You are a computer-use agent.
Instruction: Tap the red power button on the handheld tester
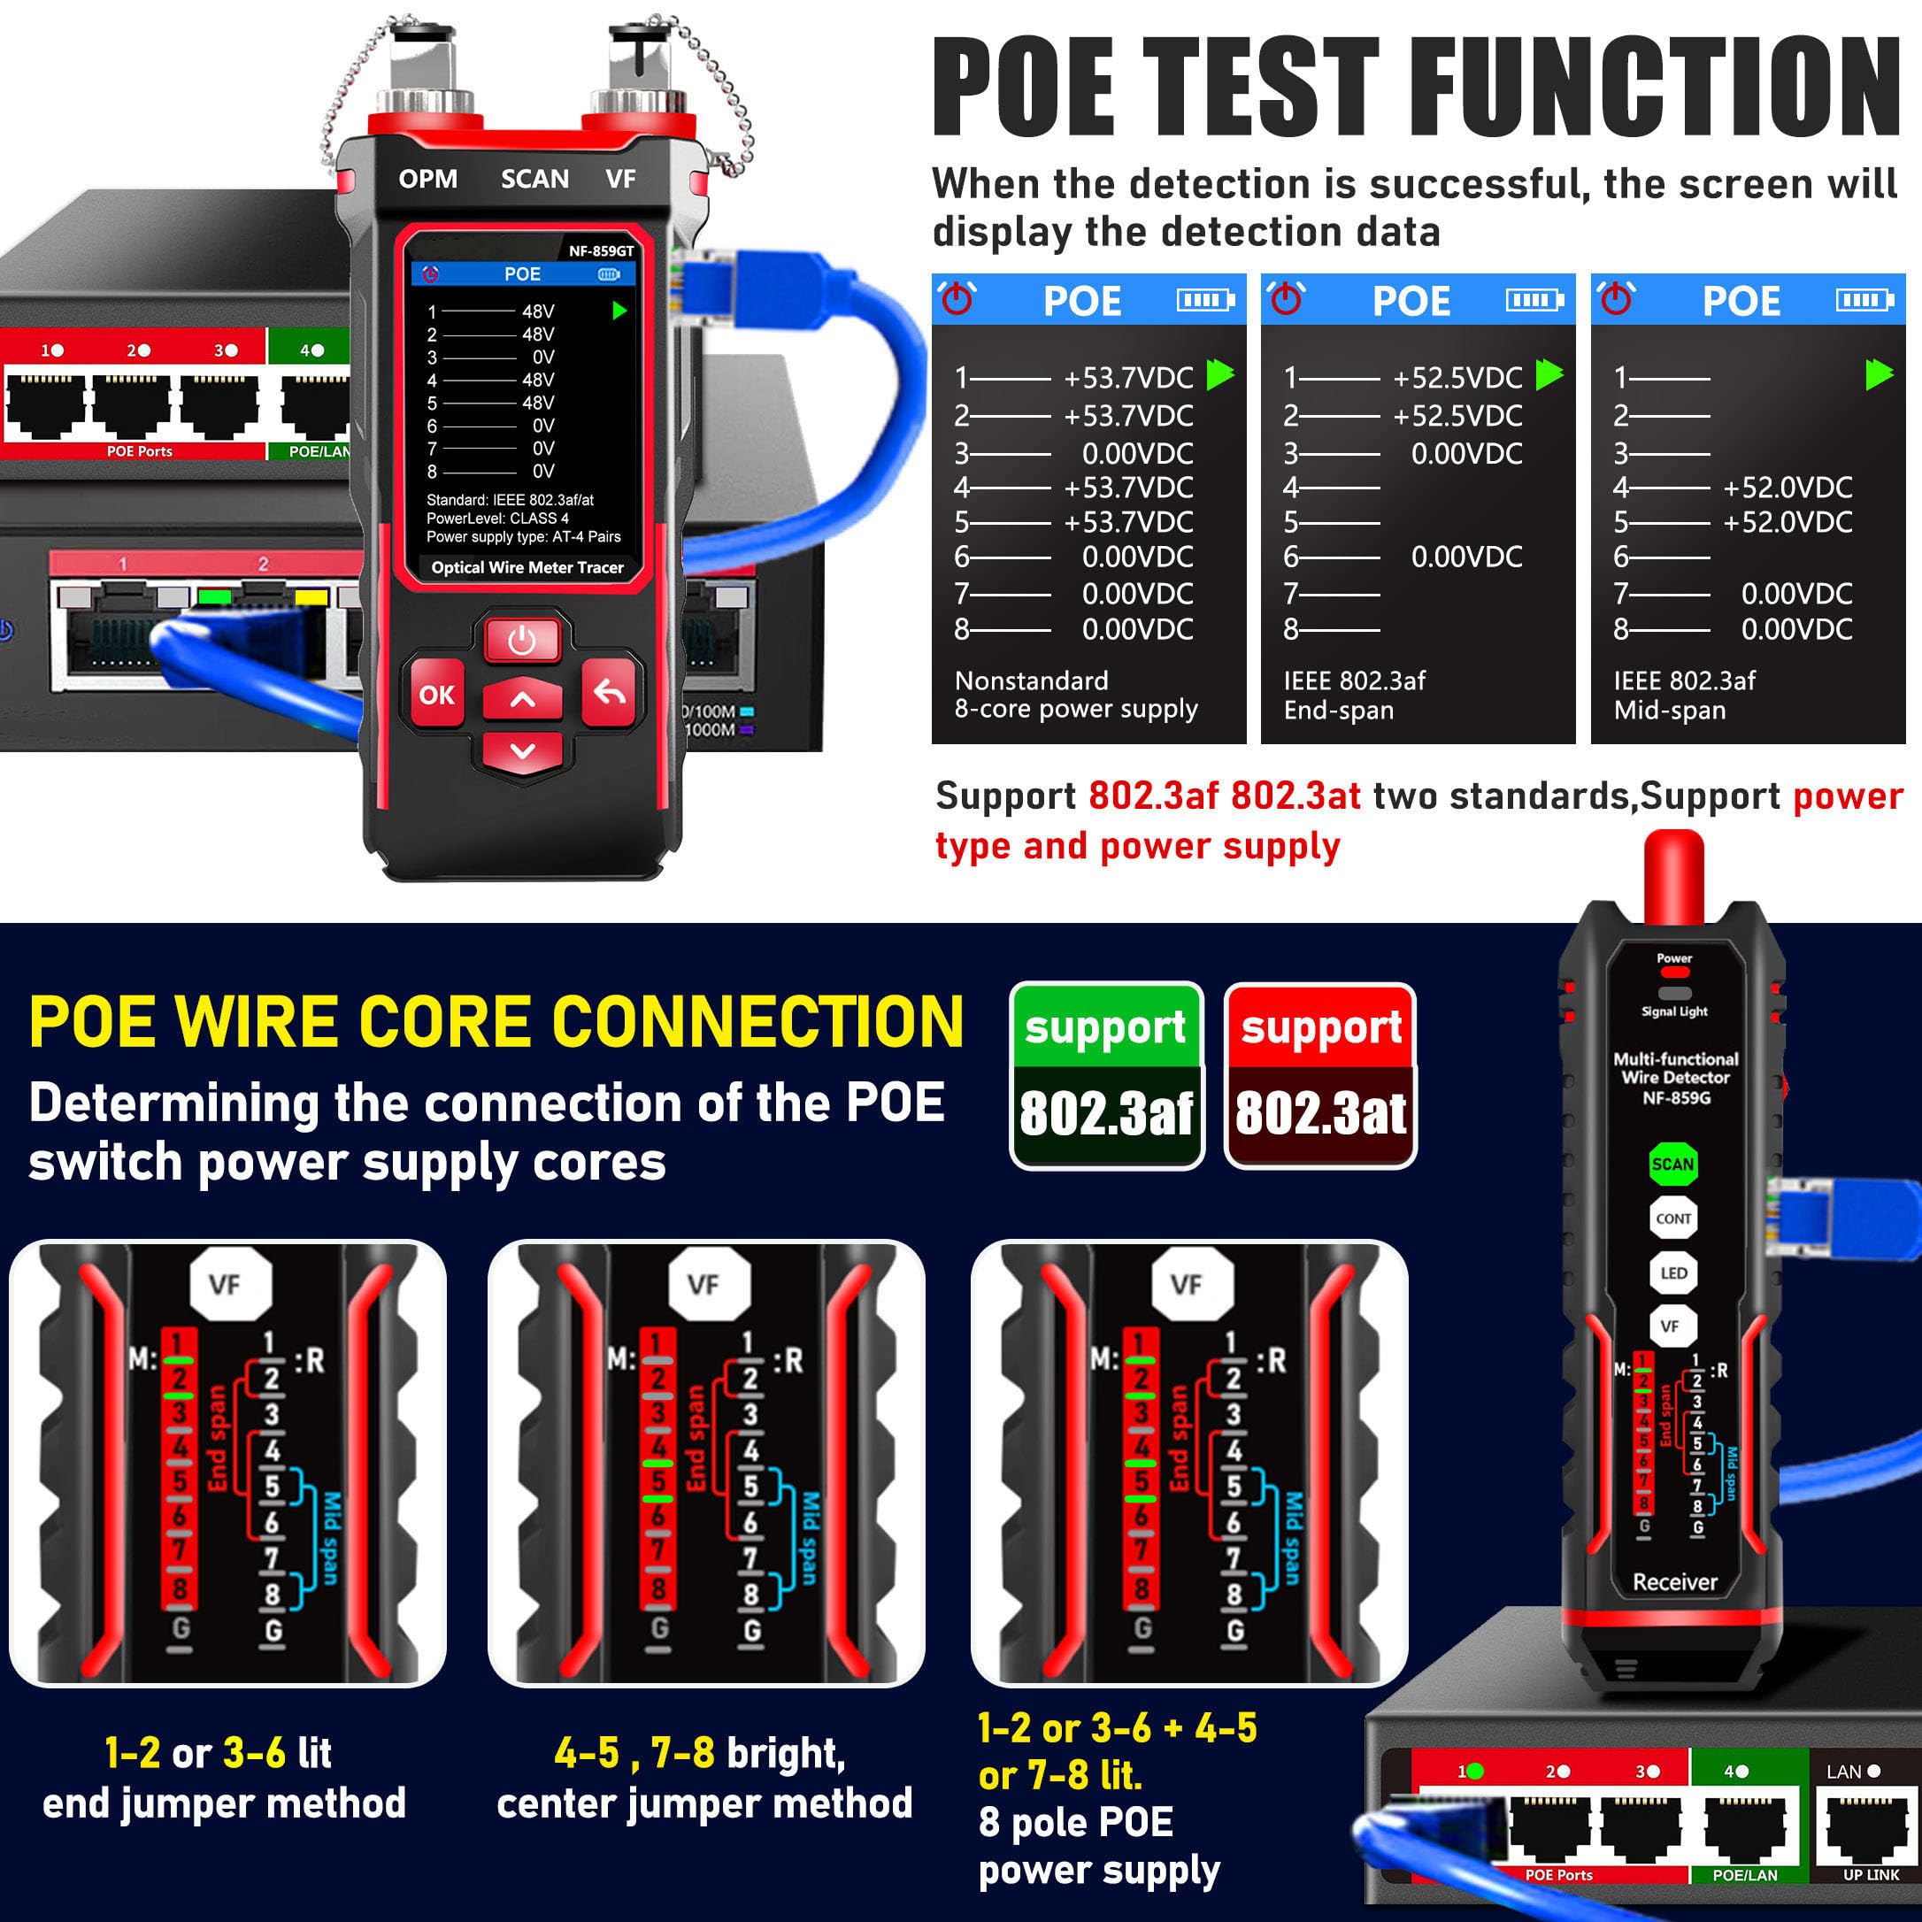pos(522,641)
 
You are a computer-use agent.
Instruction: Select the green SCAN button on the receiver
pos(1672,1164)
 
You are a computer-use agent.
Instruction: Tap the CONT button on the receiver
pos(1673,1218)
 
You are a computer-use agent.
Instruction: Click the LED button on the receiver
pos(1673,1272)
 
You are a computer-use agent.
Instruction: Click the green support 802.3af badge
pos(1105,1075)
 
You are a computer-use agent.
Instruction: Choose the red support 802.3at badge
pos(1320,1075)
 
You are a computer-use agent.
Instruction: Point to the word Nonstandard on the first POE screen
pos(1031,680)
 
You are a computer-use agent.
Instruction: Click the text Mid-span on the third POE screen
pos(1669,711)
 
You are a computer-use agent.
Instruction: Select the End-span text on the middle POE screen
pos(1338,711)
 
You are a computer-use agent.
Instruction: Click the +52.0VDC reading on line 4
pos(1787,488)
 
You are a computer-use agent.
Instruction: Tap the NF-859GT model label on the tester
pos(601,250)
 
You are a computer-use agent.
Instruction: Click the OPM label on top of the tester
pos(427,179)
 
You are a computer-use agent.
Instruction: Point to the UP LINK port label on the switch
pos(1871,1874)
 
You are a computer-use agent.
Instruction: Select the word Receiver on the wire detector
pos(1675,1582)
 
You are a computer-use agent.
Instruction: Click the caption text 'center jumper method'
pos(704,1803)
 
